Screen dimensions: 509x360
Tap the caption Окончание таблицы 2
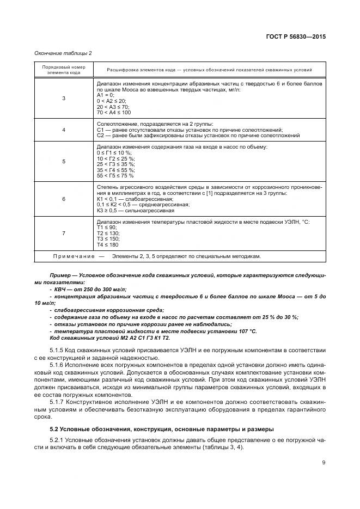click(63, 53)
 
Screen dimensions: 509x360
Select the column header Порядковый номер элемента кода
click(64, 70)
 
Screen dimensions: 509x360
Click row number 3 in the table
click(64, 98)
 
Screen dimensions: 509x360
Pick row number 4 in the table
click(64, 130)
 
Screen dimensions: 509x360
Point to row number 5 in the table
click(64, 162)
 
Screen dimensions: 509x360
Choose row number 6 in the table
click(64, 199)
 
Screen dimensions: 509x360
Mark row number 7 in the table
click(64, 233)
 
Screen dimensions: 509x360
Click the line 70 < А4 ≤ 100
click(113, 113)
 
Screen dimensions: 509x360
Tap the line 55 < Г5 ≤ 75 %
click(115, 176)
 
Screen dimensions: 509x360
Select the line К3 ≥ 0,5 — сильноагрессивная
click(135, 210)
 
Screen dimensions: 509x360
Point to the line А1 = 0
click(105, 95)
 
